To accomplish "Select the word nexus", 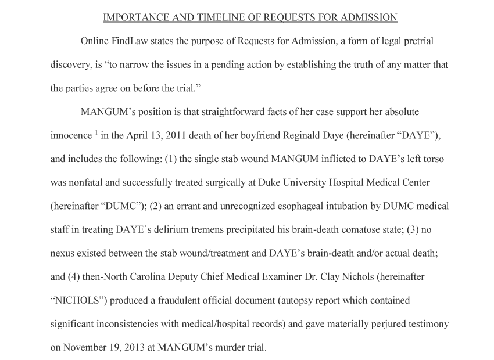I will pos(63,253).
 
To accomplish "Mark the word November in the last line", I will pos(85,348).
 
